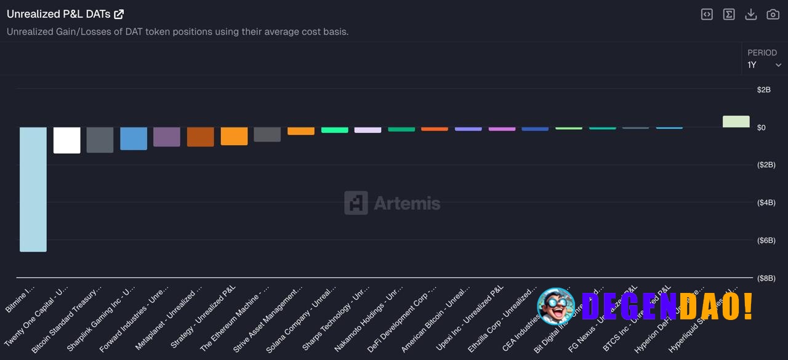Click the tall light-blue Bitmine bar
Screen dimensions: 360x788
point(33,189)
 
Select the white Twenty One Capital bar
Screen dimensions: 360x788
point(66,140)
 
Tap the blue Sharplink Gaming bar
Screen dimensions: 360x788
point(134,138)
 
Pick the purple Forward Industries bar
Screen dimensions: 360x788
point(167,137)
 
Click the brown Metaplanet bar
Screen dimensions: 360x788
point(200,137)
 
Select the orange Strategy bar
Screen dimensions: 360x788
point(234,136)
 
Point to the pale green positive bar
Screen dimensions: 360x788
point(736,121)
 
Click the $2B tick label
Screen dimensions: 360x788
point(763,90)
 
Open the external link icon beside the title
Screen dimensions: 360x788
point(119,14)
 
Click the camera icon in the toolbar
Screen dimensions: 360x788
point(773,14)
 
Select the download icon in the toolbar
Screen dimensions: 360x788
point(750,14)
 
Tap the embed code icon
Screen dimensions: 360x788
point(707,14)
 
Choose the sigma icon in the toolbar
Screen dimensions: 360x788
point(729,14)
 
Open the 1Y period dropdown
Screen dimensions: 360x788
point(764,65)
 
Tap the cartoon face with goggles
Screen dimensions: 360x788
point(556,306)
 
